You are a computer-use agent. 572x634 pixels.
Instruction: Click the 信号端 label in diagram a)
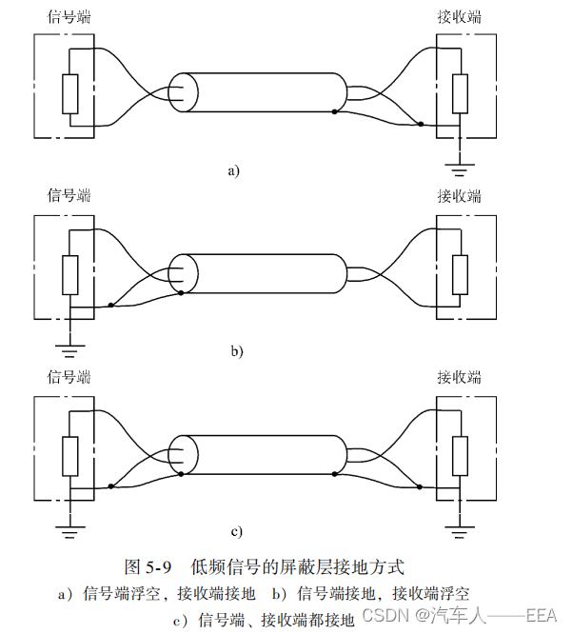[x=69, y=16]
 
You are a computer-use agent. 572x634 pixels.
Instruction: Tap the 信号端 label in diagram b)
[x=69, y=196]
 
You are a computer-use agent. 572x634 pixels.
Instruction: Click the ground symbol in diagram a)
[x=460, y=169]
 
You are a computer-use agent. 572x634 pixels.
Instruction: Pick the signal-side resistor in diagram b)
[x=69, y=274]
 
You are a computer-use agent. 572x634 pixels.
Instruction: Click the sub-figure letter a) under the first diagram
[x=234, y=171]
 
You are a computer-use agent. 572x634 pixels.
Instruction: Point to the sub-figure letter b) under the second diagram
[x=237, y=351]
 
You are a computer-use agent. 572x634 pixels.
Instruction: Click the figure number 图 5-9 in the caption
[x=148, y=567]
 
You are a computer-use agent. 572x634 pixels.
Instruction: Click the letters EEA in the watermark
[x=541, y=614]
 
